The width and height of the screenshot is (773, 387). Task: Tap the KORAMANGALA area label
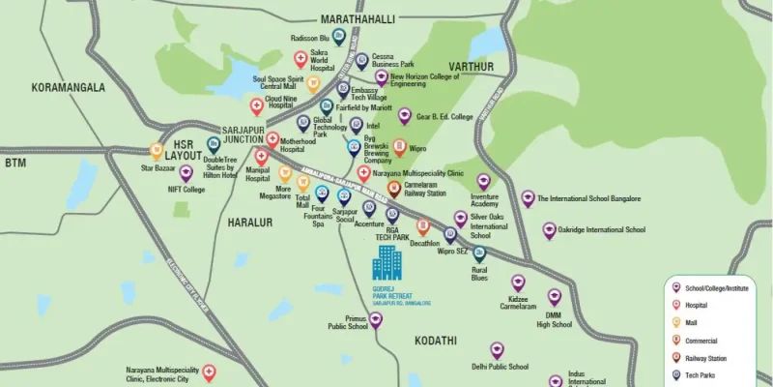click(68, 87)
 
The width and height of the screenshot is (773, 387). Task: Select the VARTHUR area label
click(471, 67)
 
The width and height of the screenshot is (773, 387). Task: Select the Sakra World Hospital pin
click(301, 59)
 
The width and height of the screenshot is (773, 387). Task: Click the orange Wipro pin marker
click(399, 147)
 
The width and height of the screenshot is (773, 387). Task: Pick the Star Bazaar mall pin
click(156, 151)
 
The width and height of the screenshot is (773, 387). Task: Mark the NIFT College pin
click(186, 173)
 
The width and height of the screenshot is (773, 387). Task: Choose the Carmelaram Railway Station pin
click(393, 189)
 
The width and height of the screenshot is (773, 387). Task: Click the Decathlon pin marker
click(422, 227)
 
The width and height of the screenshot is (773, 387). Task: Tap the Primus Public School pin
click(376, 319)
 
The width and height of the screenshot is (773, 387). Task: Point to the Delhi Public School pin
click(497, 349)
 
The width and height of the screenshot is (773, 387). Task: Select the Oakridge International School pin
click(549, 231)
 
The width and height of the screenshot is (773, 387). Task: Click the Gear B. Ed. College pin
click(405, 116)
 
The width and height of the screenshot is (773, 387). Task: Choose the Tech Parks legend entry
click(701, 375)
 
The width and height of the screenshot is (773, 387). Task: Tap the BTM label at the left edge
click(14, 164)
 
